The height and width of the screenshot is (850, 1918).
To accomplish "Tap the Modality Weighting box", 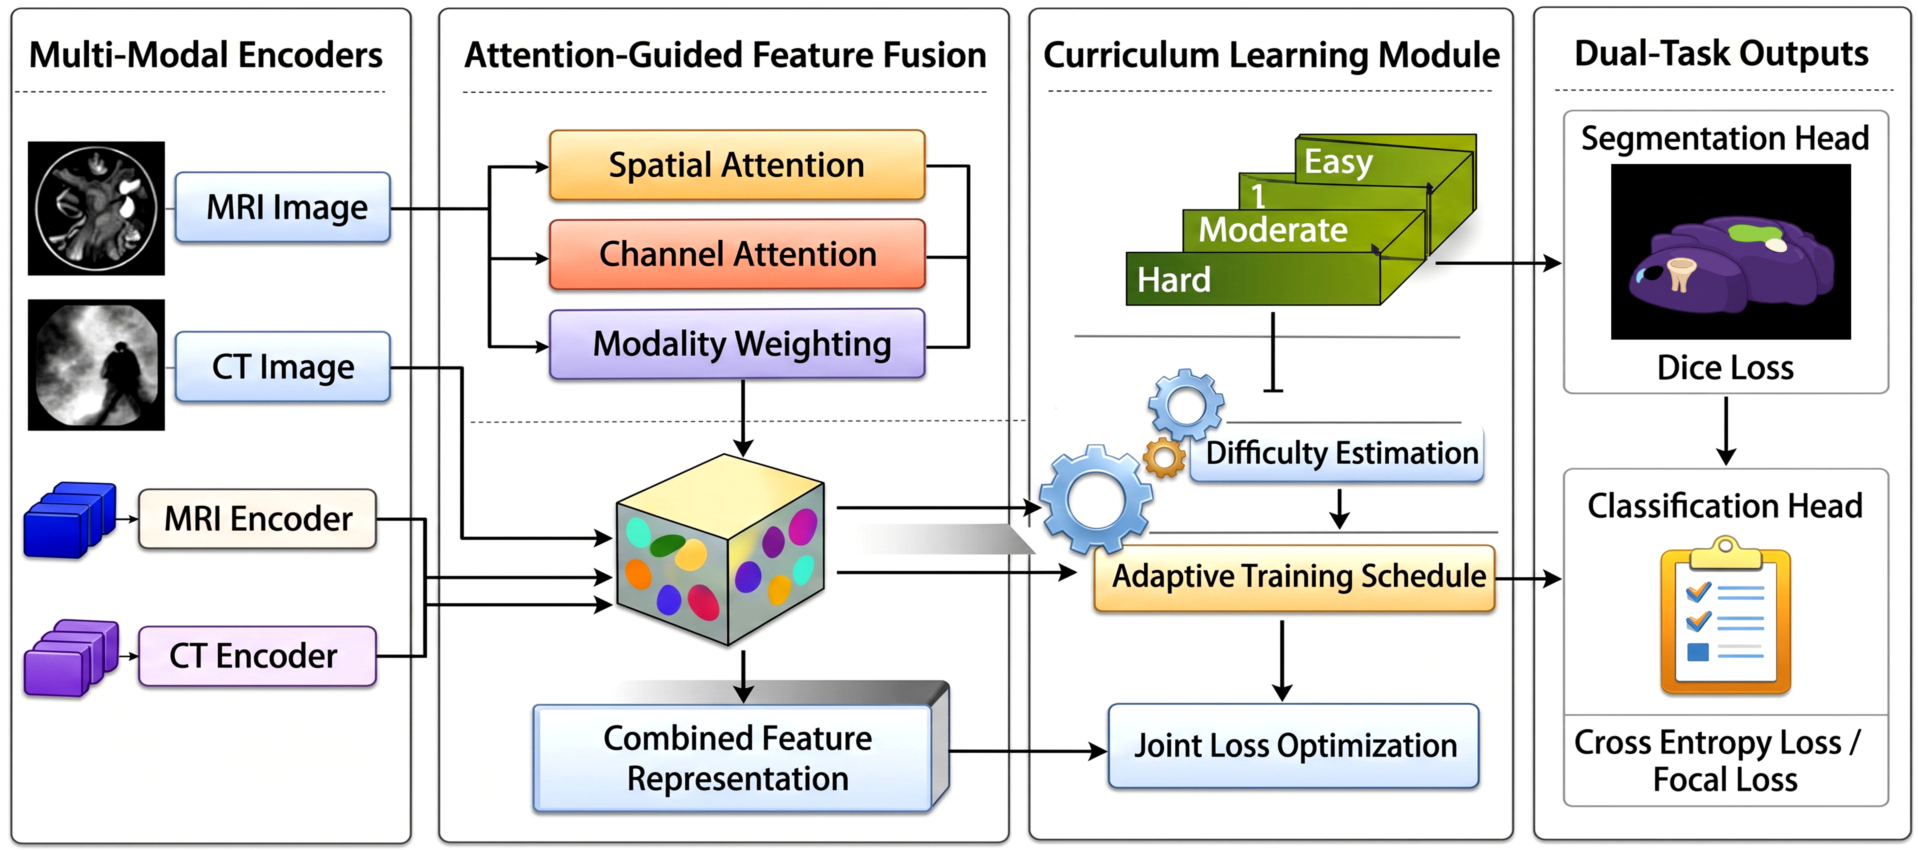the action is click(737, 344).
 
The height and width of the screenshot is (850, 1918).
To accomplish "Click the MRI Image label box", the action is click(283, 207).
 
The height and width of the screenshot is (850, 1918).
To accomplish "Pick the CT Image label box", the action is click(283, 367).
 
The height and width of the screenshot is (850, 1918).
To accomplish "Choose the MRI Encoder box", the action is click(258, 519).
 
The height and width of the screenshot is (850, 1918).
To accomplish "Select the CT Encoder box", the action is click(258, 656).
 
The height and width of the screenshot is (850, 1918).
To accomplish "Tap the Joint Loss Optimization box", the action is click(1294, 746).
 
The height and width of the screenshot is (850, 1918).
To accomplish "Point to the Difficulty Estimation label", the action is click(1342, 452).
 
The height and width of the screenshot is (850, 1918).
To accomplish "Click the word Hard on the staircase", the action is click(1174, 280).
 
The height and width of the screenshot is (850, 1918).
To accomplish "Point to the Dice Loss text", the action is click(1725, 368).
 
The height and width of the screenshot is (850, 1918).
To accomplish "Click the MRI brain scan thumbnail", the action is click(96, 208).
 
